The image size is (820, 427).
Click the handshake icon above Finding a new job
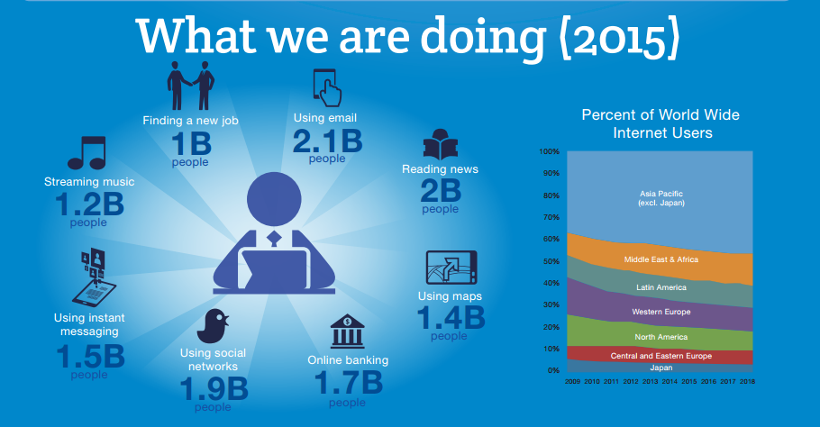pyautogui.click(x=191, y=86)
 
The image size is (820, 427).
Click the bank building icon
pyautogui.click(x=348, y=331)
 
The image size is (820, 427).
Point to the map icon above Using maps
pyautogui.click(x=451, y=267)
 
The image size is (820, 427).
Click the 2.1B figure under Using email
pyautogui.click(x=327, y=141)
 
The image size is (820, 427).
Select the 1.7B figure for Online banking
pyautogui.click(x=348, y=382)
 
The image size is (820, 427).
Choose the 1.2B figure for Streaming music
pyautogui.click(x=88, y=204)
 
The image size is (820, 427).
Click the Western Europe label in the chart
pyautogui.click(x=661, y=312)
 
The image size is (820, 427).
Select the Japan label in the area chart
pyautogui.click(x=661, y=367)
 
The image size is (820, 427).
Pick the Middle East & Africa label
pyautogui.click(x=661, y=259)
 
